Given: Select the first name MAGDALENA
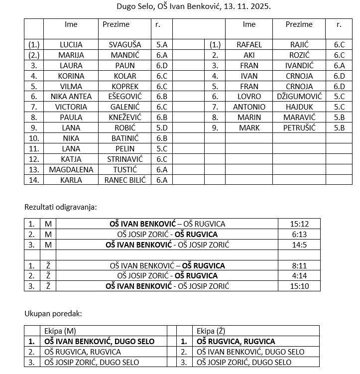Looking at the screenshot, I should [x=71, y=169].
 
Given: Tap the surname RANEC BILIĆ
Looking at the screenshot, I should [x=125, y=180].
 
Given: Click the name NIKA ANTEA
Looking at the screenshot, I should [x=71, y=97].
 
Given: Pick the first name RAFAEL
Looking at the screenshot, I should [x=249, y=44].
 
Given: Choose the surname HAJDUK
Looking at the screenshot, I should [x=299, y=107].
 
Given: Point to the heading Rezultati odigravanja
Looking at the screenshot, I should [x=61, y=207].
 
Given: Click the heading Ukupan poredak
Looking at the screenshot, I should [x=53, y=314].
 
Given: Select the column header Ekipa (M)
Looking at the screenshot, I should [x=60, y=331].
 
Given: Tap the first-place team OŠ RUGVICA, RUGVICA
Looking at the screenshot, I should [x=236, y=342].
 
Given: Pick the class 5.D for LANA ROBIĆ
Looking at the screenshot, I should [x=161, y=127].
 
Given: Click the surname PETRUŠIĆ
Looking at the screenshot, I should [x=299, y=127].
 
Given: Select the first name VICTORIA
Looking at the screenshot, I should [x=71, y=107].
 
